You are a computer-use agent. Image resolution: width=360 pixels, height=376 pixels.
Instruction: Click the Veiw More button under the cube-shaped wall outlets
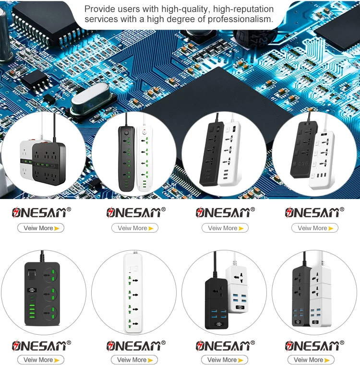point(41,228)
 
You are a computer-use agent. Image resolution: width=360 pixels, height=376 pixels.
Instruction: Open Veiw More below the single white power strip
point(134,360)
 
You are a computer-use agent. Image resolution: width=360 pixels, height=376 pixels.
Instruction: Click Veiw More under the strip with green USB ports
point(41,360)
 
